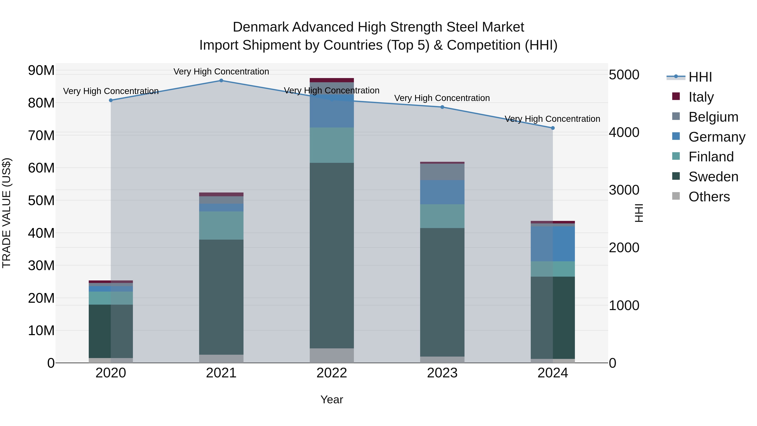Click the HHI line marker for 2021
[221, 81]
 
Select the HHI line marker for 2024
[553, 128]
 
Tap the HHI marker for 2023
[442, 107]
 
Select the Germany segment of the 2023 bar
[442, 192]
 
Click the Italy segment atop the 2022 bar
[332, 80]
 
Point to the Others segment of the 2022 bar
[332, 356]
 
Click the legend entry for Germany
[716, 137]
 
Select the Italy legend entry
[701, 97]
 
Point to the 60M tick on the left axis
[41, 168]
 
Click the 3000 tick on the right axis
[624, 190]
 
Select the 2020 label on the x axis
[111, 373]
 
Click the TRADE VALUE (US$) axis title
[7, 213]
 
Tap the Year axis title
[332, 399]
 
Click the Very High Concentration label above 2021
[221, 72]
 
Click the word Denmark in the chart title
[261, 27]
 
